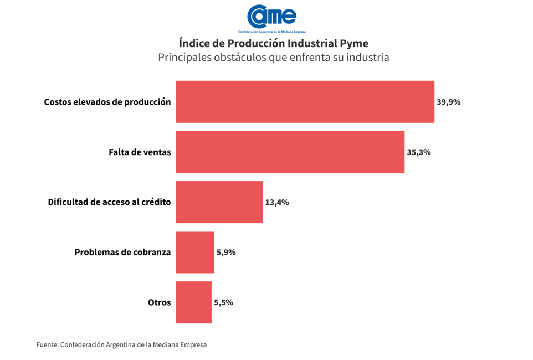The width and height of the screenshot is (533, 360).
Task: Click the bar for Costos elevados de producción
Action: tap(305, 102)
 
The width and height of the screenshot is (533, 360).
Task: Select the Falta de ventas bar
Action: tap(290, 152)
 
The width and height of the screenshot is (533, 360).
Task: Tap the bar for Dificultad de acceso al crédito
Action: tap(219, 202)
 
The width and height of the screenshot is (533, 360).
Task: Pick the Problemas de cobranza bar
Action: tap(195, 252)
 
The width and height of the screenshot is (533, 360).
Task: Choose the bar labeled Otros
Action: tap(193, 302)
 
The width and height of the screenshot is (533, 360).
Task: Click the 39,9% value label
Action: tap(448, 102)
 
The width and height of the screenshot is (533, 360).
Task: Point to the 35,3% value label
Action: tap(418, 152)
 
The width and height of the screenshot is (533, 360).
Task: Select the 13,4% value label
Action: tap(277, 202)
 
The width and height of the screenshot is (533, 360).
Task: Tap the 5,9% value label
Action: tap(226, 253)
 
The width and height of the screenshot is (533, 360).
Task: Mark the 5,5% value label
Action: tap(223, 302)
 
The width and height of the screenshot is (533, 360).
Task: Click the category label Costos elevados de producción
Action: tap(107, 102)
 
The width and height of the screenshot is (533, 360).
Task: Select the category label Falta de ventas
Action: tap(140, 152)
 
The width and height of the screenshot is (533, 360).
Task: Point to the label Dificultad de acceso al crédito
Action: tap(109, 202)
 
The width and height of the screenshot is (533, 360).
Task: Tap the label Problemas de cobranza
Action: tap(122, 253)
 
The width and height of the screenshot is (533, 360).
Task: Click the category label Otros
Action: tap(160, 302)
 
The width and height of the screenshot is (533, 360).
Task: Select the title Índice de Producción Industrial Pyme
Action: tap(274, 43)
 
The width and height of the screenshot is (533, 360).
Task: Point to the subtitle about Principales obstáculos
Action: tap(274, 58)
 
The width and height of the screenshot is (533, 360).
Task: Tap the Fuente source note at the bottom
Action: tap(121, 344)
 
